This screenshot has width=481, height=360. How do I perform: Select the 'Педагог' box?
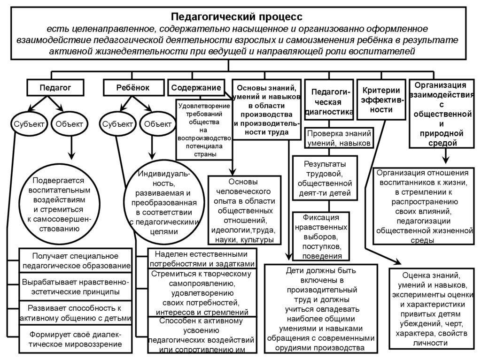(55, 87)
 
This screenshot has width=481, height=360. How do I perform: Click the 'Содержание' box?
(196, 87)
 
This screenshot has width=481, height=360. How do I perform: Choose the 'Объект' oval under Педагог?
(69, 124)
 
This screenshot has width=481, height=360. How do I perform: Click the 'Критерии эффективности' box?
(381, 100)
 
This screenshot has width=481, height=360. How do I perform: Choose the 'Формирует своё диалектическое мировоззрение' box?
(75, 339)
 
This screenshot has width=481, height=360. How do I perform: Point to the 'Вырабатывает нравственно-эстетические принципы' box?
(75, 286)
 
